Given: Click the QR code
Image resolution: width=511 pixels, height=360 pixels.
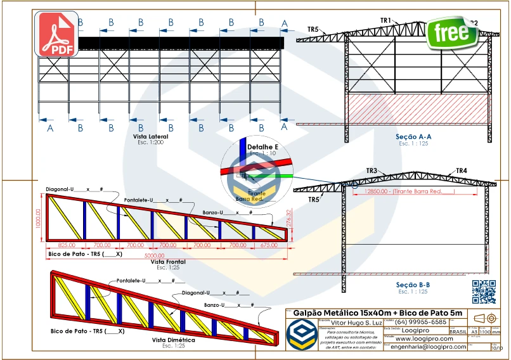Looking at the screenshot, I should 484,292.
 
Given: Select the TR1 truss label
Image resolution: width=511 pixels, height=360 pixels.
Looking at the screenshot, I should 386,21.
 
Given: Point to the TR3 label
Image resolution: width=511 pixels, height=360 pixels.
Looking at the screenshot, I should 372,170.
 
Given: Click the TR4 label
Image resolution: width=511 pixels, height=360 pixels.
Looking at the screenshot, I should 462,171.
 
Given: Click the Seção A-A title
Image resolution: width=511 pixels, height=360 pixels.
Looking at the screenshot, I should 413,136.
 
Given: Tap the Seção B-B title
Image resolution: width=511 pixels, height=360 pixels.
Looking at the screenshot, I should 413,285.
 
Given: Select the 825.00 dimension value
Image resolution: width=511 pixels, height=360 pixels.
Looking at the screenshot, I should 67,244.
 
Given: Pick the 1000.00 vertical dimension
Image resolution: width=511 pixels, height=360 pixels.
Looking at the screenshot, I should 38,219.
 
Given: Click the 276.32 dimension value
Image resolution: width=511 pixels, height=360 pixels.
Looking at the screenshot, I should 289,219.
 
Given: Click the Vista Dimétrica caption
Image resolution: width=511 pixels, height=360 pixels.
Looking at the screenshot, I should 173,340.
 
